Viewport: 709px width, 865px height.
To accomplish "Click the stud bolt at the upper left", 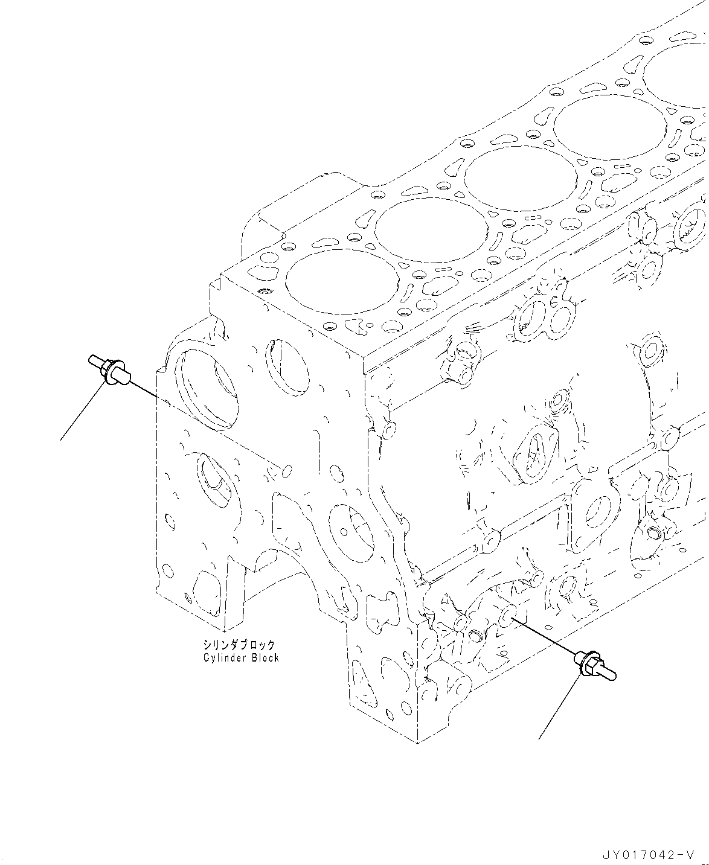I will click(108, 369).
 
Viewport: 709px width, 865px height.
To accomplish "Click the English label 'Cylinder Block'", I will click(241, 657).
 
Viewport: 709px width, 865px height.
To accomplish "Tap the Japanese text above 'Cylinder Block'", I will click(239, 645).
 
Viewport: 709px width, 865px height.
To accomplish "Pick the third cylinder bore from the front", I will click(521, 181).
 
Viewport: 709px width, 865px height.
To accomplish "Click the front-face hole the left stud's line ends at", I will click(287, 471).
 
